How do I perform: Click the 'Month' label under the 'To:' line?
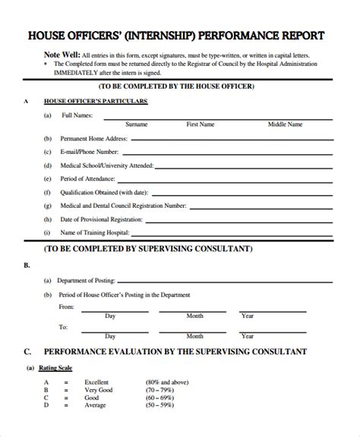195,335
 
